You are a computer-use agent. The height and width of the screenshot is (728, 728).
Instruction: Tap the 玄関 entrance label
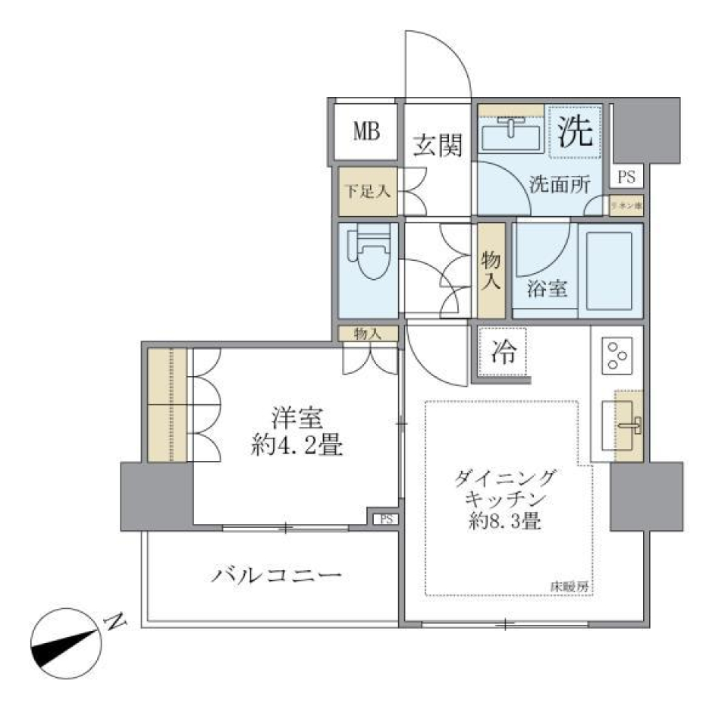(438, 144)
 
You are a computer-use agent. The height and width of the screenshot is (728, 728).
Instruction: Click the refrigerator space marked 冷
(503, 352)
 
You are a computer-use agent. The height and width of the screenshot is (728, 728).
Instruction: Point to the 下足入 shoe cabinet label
(367, 190)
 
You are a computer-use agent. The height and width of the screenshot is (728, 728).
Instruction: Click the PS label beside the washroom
(626, 177)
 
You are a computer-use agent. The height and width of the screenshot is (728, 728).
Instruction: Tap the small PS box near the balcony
(385, 519)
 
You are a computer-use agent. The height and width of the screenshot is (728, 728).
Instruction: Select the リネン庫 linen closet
(626, 205)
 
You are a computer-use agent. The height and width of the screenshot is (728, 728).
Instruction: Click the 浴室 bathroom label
(548, 289)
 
